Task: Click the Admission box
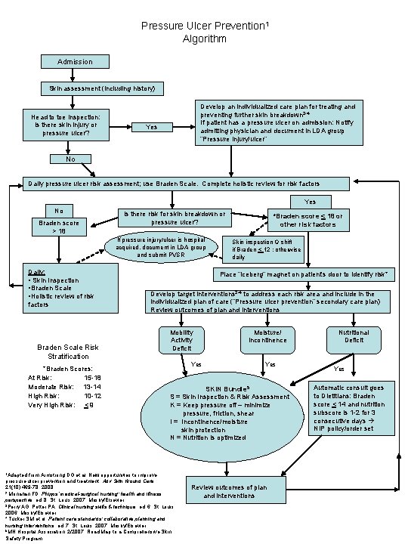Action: (x=74, y=61)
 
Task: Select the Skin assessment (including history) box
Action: (x=105, y=89)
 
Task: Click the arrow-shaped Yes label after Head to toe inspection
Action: (x=152, y=128)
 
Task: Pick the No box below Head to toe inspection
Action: (x=70, y=159)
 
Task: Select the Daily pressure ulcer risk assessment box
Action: (x=204, y=184)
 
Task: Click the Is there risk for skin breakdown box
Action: (x=175, y=218)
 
